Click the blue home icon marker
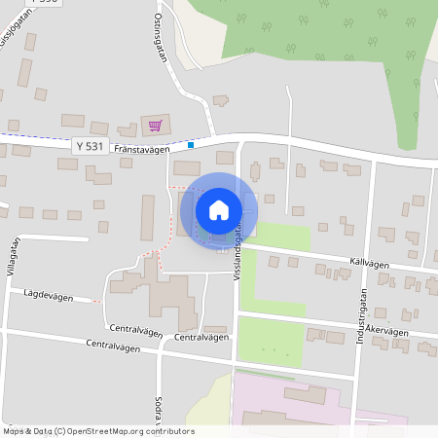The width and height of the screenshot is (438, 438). (219, 210)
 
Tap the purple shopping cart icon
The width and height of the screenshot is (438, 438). (156, 125)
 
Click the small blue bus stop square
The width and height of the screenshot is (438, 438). (192, 145)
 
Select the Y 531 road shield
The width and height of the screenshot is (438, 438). (90, 146)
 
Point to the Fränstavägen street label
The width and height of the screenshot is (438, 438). (142, 150)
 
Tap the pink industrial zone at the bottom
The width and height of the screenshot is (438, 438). (292, 409)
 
